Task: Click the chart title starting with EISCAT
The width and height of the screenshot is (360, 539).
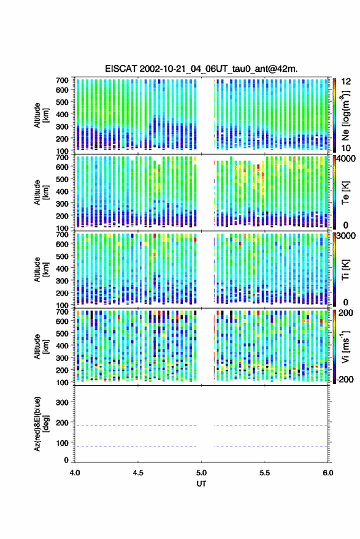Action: point(201,69)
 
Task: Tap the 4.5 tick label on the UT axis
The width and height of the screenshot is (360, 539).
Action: point(138,473)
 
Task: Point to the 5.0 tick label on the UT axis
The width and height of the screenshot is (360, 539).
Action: point(201,473)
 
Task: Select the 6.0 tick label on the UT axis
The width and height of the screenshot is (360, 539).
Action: point(327,473)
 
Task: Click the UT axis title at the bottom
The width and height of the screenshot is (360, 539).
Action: point(201,484)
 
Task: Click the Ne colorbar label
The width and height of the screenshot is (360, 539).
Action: point(345,115)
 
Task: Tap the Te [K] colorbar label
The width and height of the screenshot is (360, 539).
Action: point(345,193)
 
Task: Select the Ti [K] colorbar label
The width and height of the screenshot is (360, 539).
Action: point(345,270)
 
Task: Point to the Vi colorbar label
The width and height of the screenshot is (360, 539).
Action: point(345,346)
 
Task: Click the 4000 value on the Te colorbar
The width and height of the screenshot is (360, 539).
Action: point(346,159)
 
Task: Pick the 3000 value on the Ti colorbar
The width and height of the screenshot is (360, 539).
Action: point(346,236)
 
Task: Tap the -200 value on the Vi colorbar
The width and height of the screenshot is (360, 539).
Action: point(345,380)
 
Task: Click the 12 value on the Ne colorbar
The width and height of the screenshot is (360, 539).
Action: point(347,82)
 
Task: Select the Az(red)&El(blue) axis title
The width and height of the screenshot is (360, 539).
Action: point(41,424)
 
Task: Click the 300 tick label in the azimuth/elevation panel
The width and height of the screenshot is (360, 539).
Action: point(62,402)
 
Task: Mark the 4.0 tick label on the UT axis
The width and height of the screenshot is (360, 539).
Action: point(75,473)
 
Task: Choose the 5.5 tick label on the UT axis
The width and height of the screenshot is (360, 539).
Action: point(264,473)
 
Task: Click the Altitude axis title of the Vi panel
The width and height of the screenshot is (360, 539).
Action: point(41,346)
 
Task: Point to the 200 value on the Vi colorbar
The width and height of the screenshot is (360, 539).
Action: point(346,313)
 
